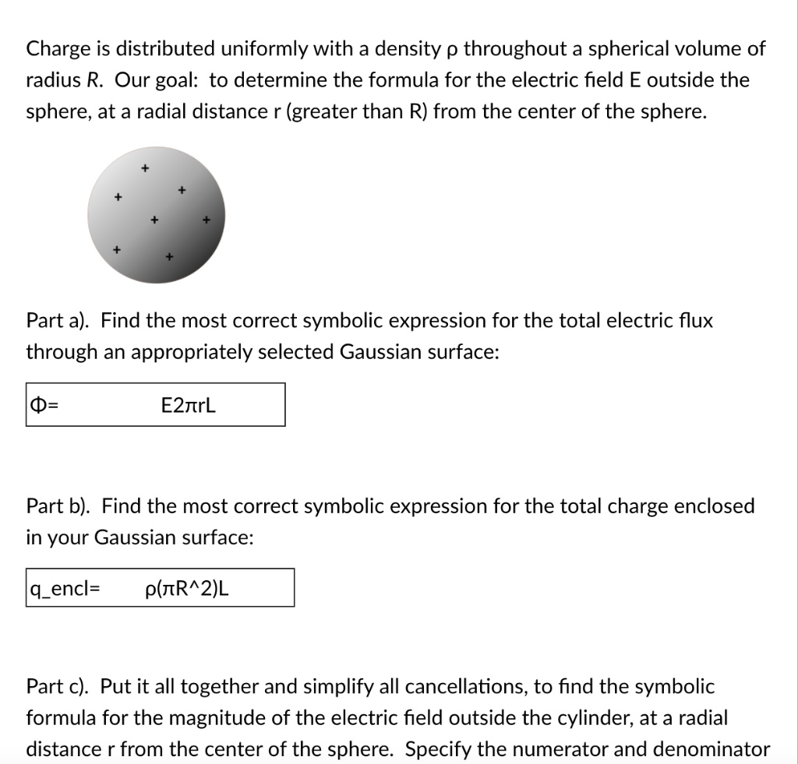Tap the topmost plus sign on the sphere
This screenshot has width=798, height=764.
click(143, 167)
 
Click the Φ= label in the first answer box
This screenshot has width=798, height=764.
click(40, 405)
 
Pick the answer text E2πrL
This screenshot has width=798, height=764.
click(188, 405)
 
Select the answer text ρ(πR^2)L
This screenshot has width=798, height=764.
click(187, 589)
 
